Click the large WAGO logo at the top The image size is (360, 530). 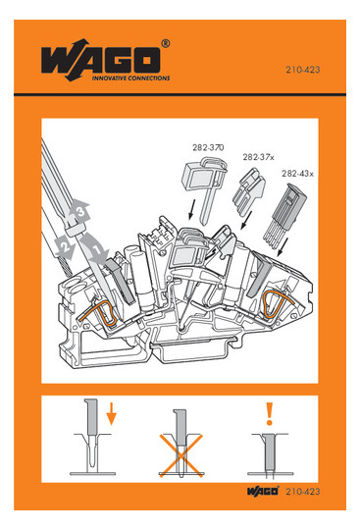(x=101, y=60)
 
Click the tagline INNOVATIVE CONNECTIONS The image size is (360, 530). (x=131, y=79)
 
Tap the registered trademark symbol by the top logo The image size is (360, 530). (x=166, y=43)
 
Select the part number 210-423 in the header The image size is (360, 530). (x=302, y=70)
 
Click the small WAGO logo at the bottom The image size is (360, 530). (x=263, y=491)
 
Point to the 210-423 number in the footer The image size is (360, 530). (x=302, y=491)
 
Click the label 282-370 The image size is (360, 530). (x=208, y=147)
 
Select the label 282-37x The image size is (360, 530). (x=258, y=157)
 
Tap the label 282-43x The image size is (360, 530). (x=297, y=174)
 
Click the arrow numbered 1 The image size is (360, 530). (x=95, y=247)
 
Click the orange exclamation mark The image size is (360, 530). (x=269, y=413)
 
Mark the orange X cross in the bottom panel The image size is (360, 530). (x=181, y=455)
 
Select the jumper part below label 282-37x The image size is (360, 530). (x=249, y=192)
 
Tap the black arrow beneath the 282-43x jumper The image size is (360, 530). (x=283, y=247)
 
